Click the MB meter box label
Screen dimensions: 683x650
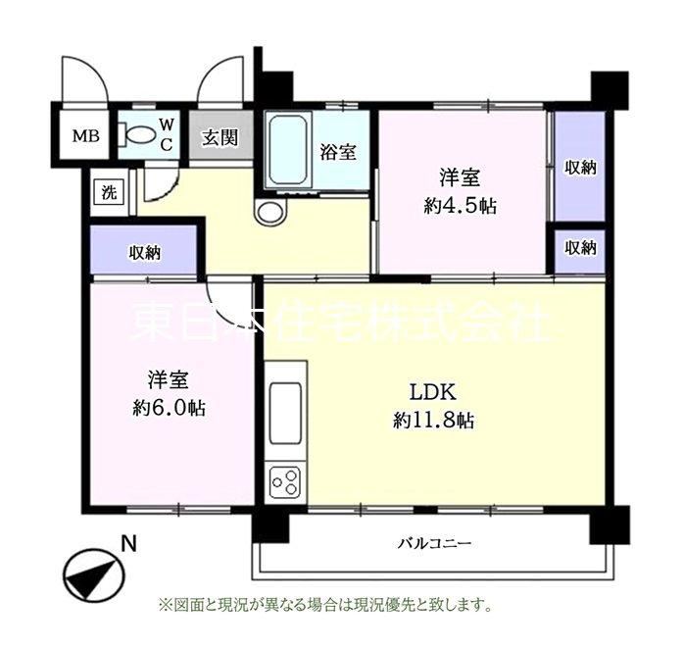tap(86, 136)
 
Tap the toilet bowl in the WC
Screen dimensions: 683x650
tap(136, 133)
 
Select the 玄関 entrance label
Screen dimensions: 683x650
tap(220, 138)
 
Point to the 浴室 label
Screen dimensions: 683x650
tap(338, 153)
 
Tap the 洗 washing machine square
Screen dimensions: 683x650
tap(110, 192)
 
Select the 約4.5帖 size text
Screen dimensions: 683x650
tap(461, 206)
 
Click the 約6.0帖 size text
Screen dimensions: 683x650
tap(169, 408)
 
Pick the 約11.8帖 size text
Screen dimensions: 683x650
tap(433, 421)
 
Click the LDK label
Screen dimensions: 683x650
tap(433, 392)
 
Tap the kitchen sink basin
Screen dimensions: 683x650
tap(286, 413)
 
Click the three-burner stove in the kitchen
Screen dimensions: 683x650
tap(285, 481)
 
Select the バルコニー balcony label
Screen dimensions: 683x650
tap(435, 543)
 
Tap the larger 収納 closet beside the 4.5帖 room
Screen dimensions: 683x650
tap(580, 167)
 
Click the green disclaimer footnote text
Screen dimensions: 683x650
tap(325, 605)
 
